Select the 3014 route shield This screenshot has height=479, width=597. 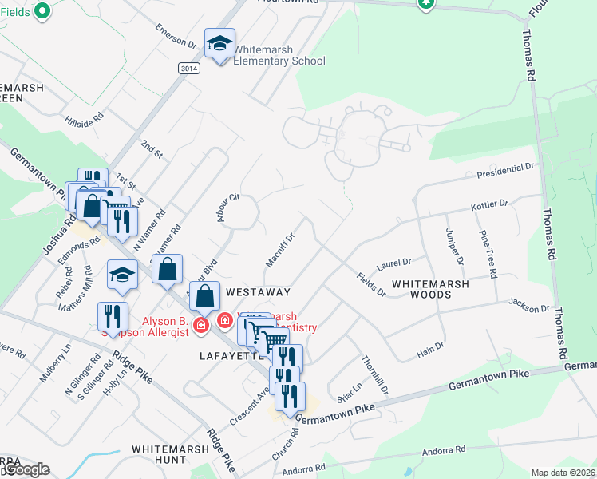coord(188,69)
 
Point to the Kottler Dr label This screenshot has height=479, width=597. coord(490,205)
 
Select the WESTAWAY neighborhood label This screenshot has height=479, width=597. coord(257,292)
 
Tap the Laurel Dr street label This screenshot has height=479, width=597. coord(394,262)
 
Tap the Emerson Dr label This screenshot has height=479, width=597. coord(176,42)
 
